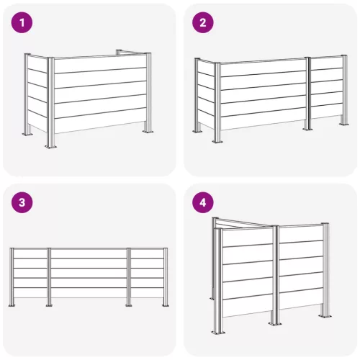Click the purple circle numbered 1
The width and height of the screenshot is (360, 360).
pyautogui.click(x=22, y=22)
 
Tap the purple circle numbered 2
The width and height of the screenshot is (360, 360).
pyautogui.click(x=203, y=22)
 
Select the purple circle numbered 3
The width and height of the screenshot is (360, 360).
pyautogui.click(x=22, y=202)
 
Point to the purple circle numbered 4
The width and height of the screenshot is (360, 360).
pyautogui.click(x=203, y=202)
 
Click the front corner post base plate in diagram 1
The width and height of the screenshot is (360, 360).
pyautogui.click(x=51, y=146)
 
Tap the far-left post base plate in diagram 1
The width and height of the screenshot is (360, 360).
pyautogui.click(x=27, y=134)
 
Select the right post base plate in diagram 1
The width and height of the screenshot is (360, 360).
pyautogui.click(x=148, y=131)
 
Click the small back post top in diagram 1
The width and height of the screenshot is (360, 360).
pyautogui.click(x=119, y=51)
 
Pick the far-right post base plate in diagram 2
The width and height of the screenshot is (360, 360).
pyautogui.click(x=344, y=124)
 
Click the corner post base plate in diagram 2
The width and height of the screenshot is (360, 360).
pyautogui.click(x=217, y=141)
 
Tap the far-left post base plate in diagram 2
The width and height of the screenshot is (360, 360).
pyautogui.click(x=198, y=131)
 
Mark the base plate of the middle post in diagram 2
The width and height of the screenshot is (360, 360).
pyautogui.click(x=307, y=129)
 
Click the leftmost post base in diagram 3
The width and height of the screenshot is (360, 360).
pyautogui.click(x=12, y=305)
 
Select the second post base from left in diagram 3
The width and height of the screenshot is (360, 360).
pyautogui.click(x=49, y=305)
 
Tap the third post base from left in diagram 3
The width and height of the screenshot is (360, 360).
pyautogui.click(x=129, y=305)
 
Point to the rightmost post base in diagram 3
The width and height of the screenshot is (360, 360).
pyautogui.click(x=166, y=305)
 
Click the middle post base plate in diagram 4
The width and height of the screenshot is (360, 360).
pyautogui.click(x=275, y=323)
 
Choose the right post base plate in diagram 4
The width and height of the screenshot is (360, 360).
pyautogui.click(x=325, y=315)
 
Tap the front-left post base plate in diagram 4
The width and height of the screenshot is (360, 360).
pyautogui.click(x=218, y=333)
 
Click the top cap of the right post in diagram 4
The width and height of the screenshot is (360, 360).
pyautogui.click(x=325, y=224)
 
